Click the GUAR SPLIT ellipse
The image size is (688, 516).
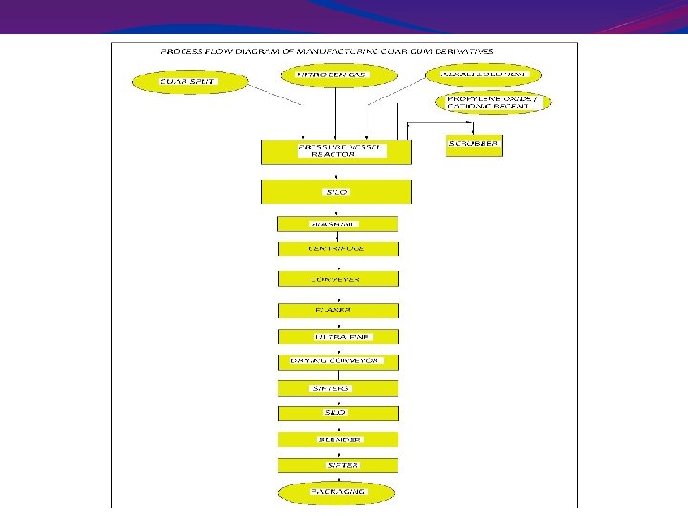[x=187, y=82]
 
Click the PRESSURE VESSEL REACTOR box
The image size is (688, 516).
[x=335, y=152]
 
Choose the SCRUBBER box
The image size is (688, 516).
[x=474, y=145]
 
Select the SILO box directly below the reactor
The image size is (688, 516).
[x=335, y=191]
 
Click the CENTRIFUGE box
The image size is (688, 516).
[x=338, y=248]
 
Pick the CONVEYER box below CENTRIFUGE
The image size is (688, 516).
[x=338, y=279]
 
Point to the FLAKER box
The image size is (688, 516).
[x=338, y=311]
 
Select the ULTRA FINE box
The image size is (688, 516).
[x=338, y=336]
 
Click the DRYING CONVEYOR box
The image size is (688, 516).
[x=338, y=362]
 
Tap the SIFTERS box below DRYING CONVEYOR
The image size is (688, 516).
[x=338, y=388]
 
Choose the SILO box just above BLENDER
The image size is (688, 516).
[x=338, y=413]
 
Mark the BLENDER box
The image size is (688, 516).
[x=338, y=440]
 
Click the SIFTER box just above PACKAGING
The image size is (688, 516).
[x=338, y=464]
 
